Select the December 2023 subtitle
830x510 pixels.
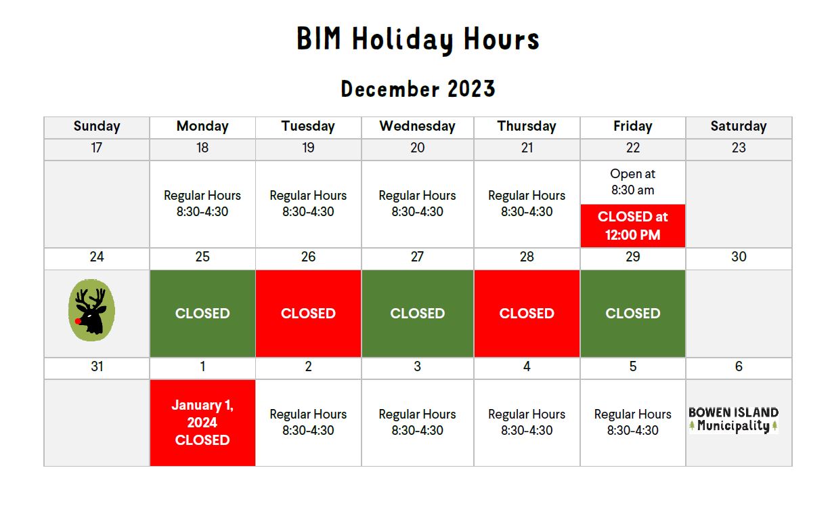pos(418,89)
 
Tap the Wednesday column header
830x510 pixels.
pos(417,126)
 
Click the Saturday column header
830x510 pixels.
pos(739,126)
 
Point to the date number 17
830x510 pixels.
pos(96,148)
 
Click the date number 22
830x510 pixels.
pos(633,148)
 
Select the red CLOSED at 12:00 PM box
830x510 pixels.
pos(633,226)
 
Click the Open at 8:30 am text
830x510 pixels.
pos(633,182)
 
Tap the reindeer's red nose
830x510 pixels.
pos(78,321)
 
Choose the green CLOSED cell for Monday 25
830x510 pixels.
pos(202,314)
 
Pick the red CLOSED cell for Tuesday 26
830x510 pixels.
pos(308,314)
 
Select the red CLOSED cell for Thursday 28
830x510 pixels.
pos(527,314)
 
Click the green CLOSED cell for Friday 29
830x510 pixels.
pos(633,314)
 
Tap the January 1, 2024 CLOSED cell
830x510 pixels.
pos(202,423)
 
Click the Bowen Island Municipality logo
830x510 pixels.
pos(734,420)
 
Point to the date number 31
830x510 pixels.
pos(97,366)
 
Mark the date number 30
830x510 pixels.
pos(739,257)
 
